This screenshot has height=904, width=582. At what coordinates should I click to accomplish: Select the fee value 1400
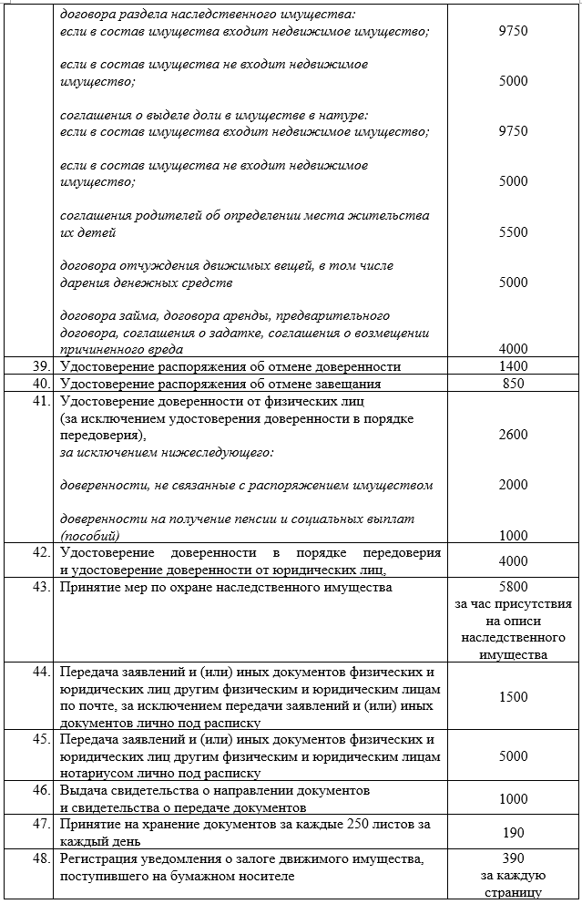(x=513, y=366)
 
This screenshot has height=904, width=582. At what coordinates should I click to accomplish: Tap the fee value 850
(x=513, y=384)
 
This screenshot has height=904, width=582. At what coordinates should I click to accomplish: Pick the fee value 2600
(x=513, y=436)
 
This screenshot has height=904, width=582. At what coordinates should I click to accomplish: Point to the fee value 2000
(x=513, y=486)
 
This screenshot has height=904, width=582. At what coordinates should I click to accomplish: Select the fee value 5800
(x=513, y=588)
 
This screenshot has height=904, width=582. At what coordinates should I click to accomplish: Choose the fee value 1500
(x=513, y=697)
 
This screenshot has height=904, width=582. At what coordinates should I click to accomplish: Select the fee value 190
(x=513, y=833)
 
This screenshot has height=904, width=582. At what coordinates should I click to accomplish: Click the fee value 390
(x=513, y=858)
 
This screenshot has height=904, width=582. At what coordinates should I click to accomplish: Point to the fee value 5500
(x=513, y=232)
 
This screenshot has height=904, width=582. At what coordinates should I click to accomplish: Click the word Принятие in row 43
(x=88, y=588)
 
